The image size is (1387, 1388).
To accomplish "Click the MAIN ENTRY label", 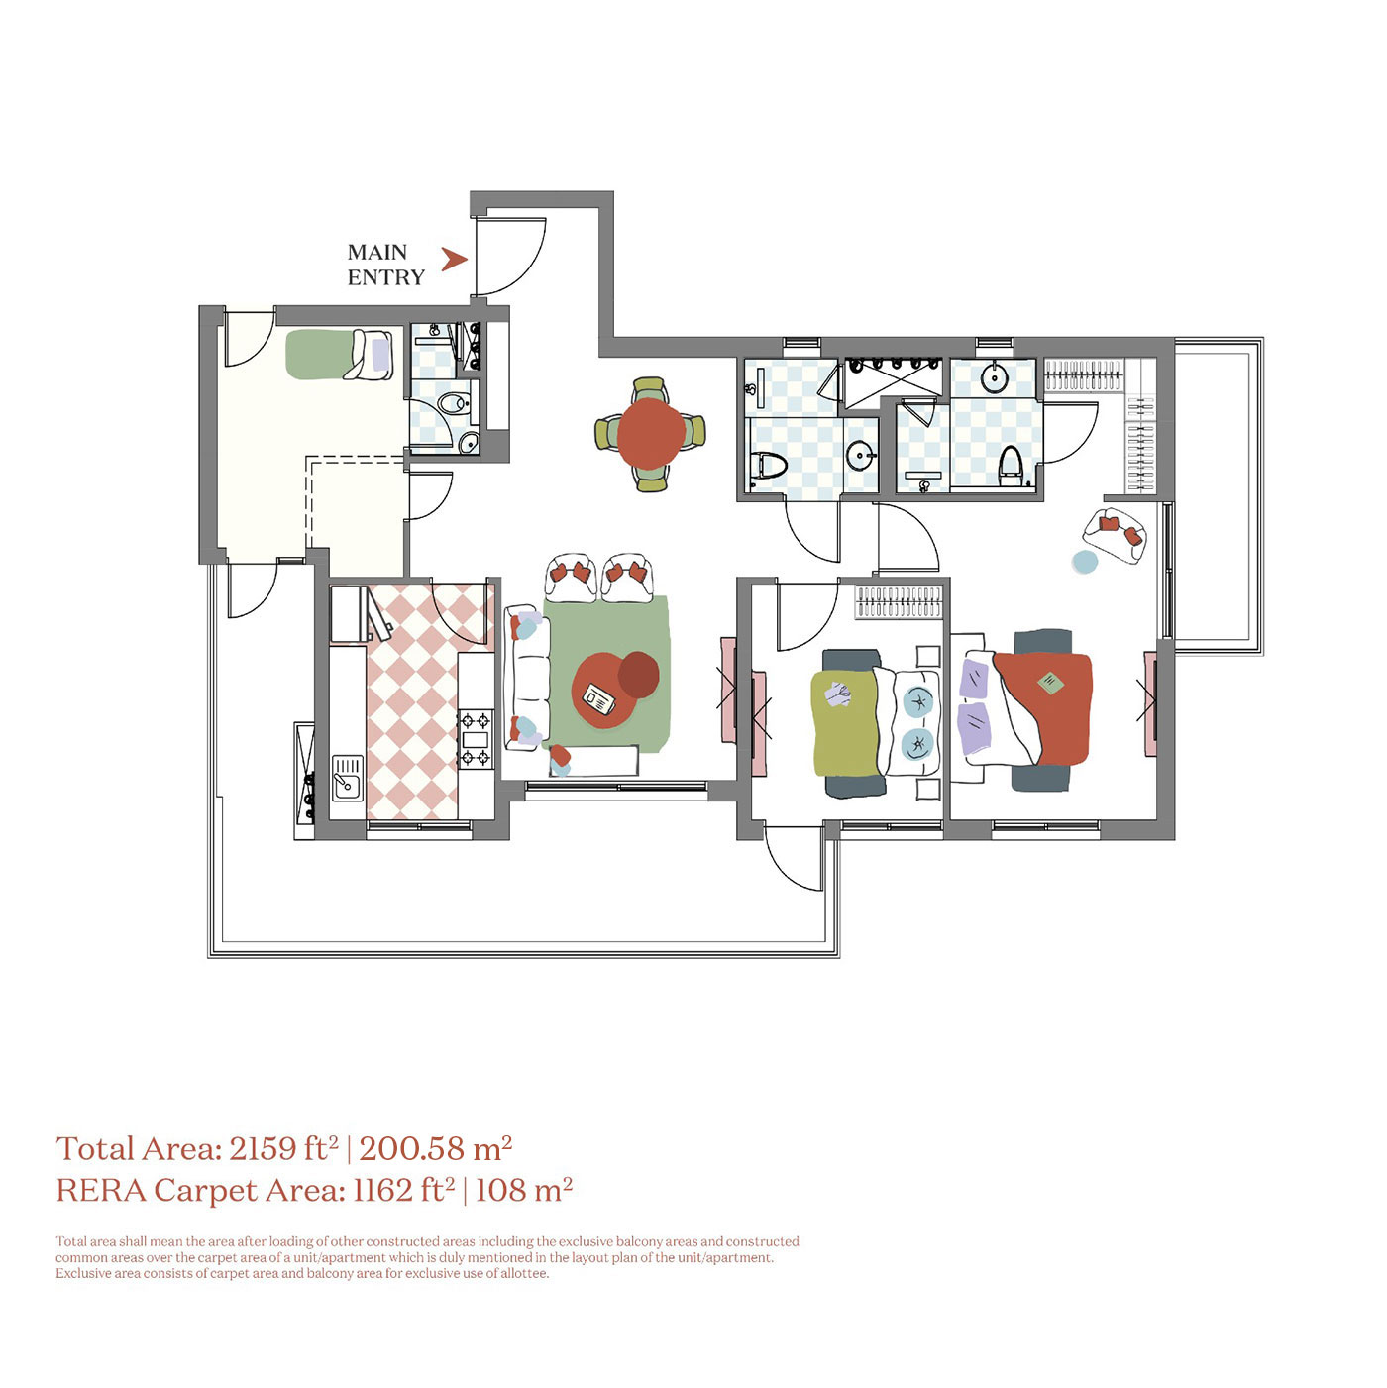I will tap(385, 265).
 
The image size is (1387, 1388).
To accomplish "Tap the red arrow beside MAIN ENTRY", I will tap(454, 260).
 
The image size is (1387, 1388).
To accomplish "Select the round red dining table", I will tap(650, 434).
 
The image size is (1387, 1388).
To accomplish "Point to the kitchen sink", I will tap(347, 778).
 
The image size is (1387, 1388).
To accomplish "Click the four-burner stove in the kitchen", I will tap(475, 738).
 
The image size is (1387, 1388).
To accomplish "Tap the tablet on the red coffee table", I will tap(597, 699).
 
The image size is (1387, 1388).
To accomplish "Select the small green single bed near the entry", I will tap(338, 355).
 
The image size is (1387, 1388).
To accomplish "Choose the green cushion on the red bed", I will tap(1049, 683).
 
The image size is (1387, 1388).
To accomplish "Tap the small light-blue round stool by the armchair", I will tap(1085, 563).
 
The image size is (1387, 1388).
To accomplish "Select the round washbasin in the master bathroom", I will tap(993, 377).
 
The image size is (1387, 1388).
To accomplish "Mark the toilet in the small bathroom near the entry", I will tap(453, 404).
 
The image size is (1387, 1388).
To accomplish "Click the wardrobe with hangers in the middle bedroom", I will tap(898, 601).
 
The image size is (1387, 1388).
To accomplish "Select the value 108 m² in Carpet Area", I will tap(523, 1190).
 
